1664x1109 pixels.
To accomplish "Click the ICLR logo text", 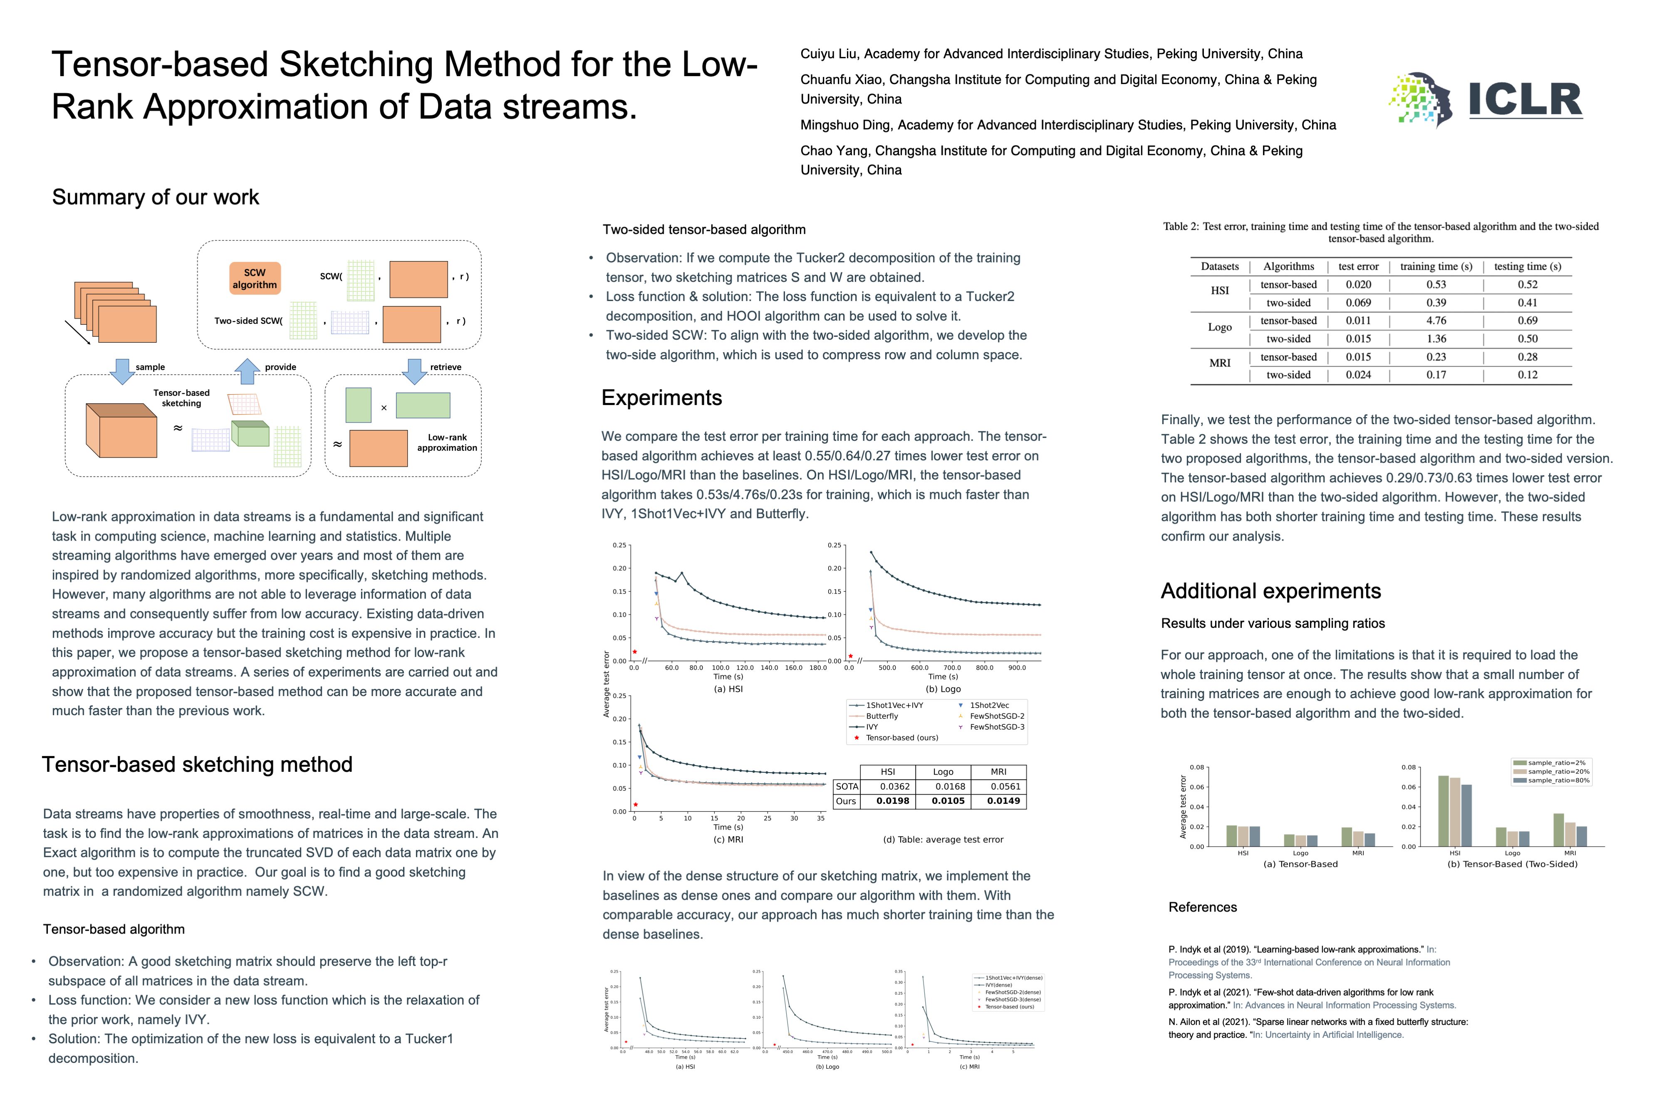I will (1525, 100).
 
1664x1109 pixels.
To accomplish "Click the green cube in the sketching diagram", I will (250, 434).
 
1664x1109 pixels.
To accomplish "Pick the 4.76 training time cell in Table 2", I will (1436, 321).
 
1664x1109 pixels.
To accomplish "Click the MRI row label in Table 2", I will (1220, 363).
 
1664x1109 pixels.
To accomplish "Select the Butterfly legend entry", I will (882, 716).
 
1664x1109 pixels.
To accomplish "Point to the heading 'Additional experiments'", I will (1270, 590).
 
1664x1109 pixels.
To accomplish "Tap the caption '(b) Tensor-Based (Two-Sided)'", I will (1512, 864).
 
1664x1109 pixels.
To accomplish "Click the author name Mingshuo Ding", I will (845, 125).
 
